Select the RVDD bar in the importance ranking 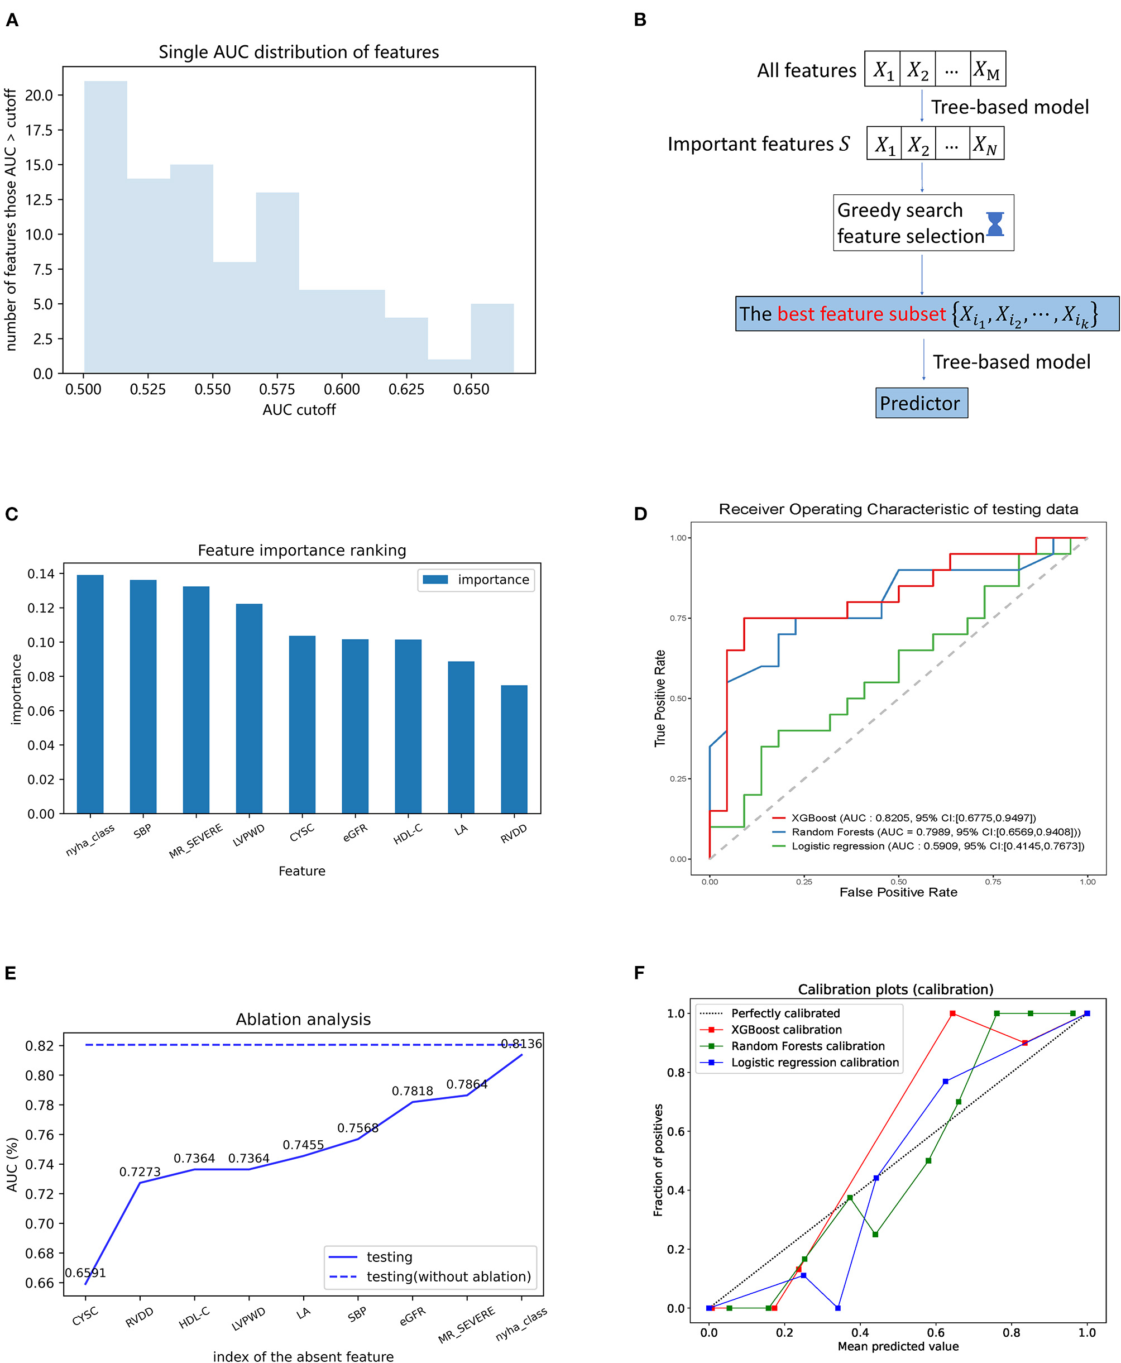click(514, 749)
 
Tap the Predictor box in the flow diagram click(921, 403)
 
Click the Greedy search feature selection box click(911, 223)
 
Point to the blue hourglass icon click(995, 223)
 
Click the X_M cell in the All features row click(988, 69)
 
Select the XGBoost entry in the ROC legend click(904, 818)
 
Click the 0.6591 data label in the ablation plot click(85, 1273)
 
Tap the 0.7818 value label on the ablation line click(412, 1091)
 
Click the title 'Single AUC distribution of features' click(299, 52)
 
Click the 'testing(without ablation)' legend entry click(448, 1276)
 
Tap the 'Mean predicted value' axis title click(898, 1346)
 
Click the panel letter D click(640, 514)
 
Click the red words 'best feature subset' click(861, 314)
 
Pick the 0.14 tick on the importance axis click(41, 573)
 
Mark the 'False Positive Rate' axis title click(898, 892)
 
